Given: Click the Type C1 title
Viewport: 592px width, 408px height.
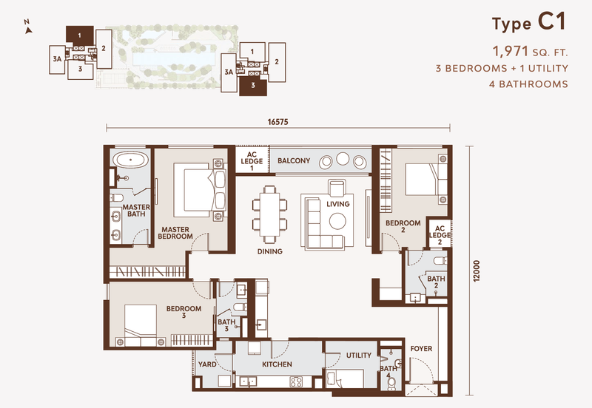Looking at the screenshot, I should pos(529,24).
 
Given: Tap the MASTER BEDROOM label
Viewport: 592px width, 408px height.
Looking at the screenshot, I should pos(176,233).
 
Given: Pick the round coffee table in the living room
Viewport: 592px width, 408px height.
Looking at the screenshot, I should pos(338,220).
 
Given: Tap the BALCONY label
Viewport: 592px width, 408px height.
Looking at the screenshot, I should pos(294,161).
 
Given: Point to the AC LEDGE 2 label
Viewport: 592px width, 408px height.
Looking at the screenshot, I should pos(439,235).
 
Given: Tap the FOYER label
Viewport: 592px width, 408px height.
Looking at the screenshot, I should pos(421,349).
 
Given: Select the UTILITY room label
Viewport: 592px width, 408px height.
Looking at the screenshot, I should pos(359,356).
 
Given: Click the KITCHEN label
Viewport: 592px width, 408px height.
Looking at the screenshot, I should pos(277,364).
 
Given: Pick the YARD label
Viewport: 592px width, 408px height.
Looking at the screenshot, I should pos(207,364).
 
